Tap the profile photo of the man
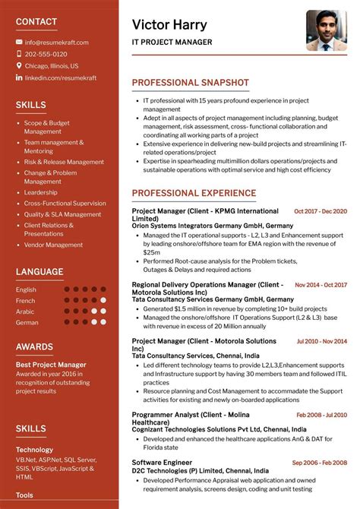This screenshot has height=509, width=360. (326, 30)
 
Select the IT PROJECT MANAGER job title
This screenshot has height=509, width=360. (172, 43)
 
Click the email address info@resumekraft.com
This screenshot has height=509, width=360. (56, 43)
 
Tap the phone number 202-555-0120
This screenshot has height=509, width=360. (46, 54)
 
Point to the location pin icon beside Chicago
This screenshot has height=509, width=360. (19, 66)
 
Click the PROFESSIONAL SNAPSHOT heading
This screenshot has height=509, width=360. (190, 82)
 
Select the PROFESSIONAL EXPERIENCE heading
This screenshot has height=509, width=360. (194, 193)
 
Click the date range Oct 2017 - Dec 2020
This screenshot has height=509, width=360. (320, 211)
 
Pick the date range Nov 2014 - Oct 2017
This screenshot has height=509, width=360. (321, 285)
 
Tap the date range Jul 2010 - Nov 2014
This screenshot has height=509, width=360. (321, 341)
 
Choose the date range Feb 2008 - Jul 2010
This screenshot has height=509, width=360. (321, 415)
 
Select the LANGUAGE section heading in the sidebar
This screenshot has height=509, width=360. (39, 271)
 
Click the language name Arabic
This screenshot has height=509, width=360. (26, 311)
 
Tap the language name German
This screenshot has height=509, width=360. (27, 322)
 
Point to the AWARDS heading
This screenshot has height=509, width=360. (34, 347)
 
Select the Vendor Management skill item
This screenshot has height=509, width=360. (53, 245)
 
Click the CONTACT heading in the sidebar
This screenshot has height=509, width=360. (36, 21)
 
